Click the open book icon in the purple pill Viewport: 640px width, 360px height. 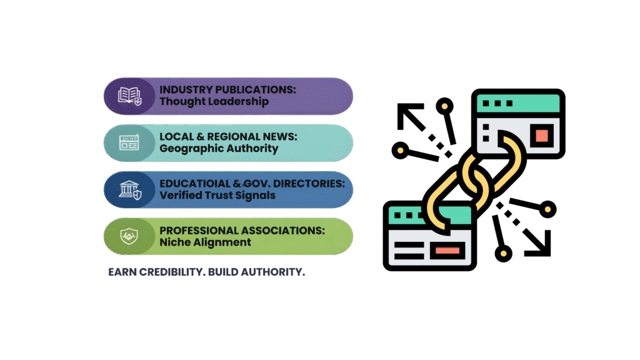(x=129, y=96)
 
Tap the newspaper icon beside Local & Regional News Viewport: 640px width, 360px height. (x=129, y=142)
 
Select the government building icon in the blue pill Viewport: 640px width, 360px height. (x=129, y=189)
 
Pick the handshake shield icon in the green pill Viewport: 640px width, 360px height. (x=129, y=236)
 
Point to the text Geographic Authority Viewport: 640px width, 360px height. (x=219, y=149)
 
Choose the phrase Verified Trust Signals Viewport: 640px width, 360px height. (x=217, y=195)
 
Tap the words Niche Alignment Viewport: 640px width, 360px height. (x=205, y=242)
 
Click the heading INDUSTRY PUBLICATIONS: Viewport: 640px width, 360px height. (x=227, y=90)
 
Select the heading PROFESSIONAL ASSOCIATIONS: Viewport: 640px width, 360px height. (x=242, y=231)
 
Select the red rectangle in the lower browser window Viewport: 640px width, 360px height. (x=447, y=251)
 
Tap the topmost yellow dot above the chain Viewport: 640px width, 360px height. (x=444, y=106)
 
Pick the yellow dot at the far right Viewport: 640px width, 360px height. (x=548, y=208)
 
